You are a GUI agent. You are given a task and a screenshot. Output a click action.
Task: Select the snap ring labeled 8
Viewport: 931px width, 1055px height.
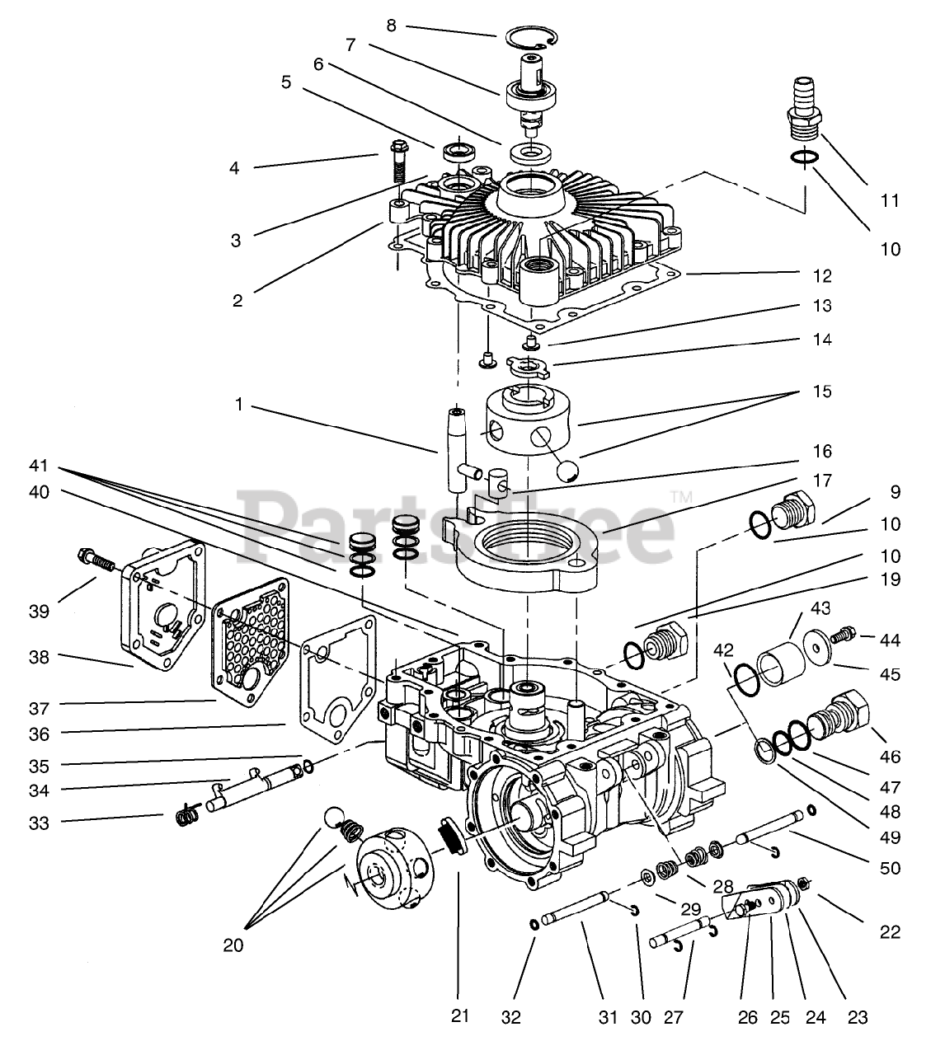pos(531,38)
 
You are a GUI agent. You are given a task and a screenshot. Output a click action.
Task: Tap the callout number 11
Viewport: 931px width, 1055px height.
pos(890,200)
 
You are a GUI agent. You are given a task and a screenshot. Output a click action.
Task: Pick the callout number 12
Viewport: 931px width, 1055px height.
pos(822,276)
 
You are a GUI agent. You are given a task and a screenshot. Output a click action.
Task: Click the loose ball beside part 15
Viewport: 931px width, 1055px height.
pos(567,471)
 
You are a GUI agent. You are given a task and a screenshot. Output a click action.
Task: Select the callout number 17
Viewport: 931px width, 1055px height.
pos(822,481)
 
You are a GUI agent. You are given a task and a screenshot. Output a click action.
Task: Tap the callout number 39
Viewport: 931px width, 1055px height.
pos(39,612)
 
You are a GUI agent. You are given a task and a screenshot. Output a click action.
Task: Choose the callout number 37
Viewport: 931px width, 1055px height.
pos(39,708)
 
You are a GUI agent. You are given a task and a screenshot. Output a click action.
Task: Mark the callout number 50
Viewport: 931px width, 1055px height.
pos(890,868)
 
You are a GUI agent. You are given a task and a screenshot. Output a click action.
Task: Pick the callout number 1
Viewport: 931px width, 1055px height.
pos(238,404)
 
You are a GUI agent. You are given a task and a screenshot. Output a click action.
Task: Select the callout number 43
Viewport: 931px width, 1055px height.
pos(821,608)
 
